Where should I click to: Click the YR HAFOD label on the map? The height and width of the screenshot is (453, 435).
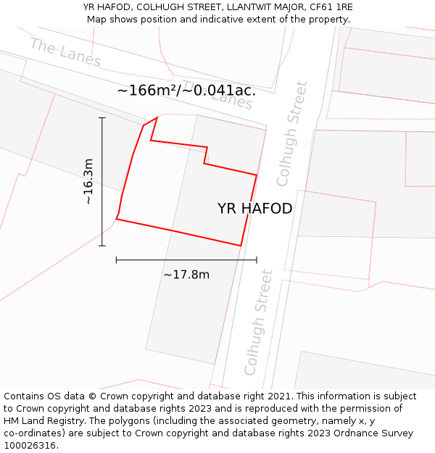pos(254,209)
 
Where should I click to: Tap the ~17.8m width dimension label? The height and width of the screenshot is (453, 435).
pos(186,275)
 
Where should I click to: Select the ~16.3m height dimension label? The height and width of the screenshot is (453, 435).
pos(88,181)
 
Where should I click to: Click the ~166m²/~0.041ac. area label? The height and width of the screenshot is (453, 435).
pos(186,91)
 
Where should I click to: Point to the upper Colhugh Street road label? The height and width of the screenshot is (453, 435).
pos(292,133)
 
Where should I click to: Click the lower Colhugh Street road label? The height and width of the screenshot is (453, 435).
pos(259,322)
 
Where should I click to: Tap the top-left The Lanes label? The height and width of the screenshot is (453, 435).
pos(65,52)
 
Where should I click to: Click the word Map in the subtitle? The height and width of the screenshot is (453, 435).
pos(97,20)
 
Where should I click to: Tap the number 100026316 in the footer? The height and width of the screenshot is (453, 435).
pos(30,446)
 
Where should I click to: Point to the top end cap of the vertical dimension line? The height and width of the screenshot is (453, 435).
pos(101,117)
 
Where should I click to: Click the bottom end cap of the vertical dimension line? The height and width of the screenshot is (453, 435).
pos(101,246)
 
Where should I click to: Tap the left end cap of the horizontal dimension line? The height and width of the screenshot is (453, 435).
pos(116,259)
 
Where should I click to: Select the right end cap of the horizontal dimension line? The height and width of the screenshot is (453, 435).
pos(257,259)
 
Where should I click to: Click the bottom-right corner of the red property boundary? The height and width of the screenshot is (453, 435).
pos(241,246)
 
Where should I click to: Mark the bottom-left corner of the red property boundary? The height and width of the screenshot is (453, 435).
pos(116,218)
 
